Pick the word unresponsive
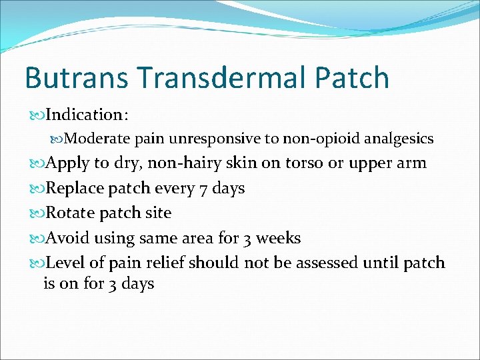[203, 139]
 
